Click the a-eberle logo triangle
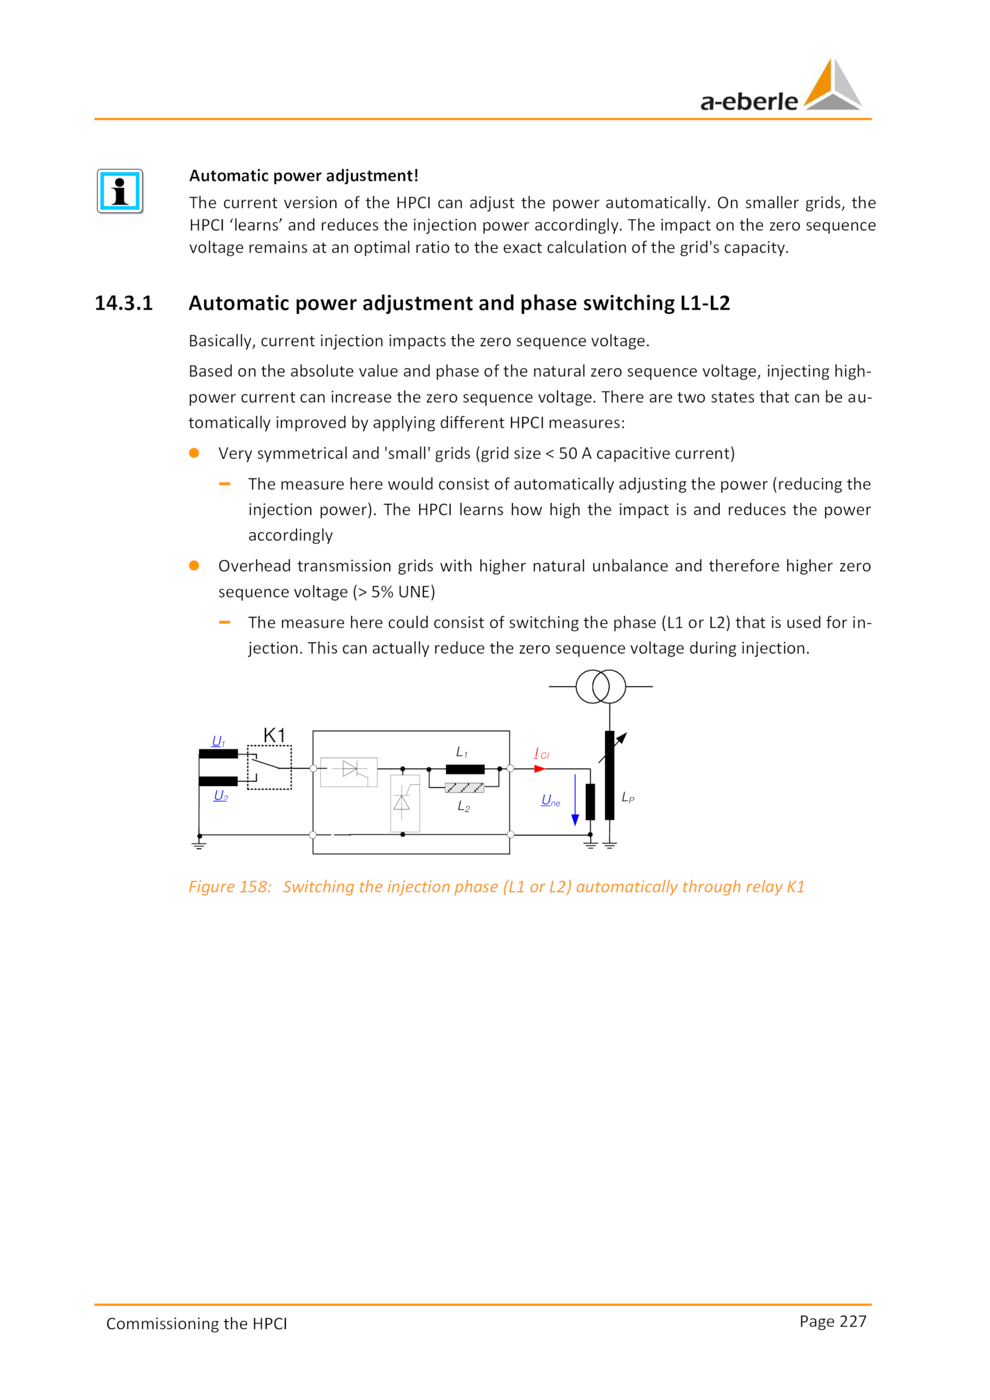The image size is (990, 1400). (832, 85)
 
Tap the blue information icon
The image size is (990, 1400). (120, 191)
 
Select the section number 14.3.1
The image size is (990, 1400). (124, 303)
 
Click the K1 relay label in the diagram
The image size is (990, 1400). (274, 735)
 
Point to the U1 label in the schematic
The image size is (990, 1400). (218, 741)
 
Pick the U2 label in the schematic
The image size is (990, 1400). (221, 796)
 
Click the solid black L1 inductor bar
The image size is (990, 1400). (465, 769)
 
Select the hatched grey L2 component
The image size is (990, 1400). (464, 787)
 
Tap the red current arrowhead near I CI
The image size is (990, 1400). (540, 769)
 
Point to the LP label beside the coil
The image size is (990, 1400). (628, 798)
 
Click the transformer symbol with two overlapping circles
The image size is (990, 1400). (600, 686)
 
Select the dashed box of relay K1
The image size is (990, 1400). (269, 767)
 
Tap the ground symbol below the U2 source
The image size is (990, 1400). (199, 844)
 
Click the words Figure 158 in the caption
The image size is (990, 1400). (230, 887)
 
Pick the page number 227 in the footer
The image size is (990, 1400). (853, 1321)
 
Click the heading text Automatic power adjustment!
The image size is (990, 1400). (303, 176)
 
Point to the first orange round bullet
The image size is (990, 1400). (194, 453)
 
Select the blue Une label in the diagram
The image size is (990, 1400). (550, 800)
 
